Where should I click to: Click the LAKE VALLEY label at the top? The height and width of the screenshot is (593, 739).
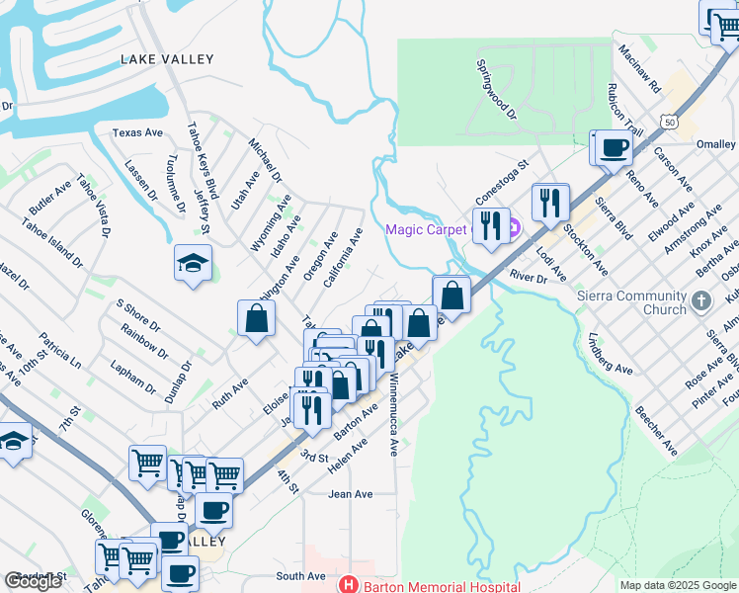pyautogui.click(x=167, y=59)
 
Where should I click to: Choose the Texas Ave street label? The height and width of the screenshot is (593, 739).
pyautogui.click(x=137, y=132)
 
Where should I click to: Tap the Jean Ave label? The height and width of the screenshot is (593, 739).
pyautogui.click(x=351, y=494)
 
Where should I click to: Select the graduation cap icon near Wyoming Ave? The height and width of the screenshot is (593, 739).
pyautogui.click(x=193, y=263)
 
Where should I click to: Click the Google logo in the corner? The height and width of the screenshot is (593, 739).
pyautogui.click(x=33, y=582)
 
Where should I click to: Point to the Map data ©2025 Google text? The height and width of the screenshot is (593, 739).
pyautogui.click(x=678, y=585)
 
